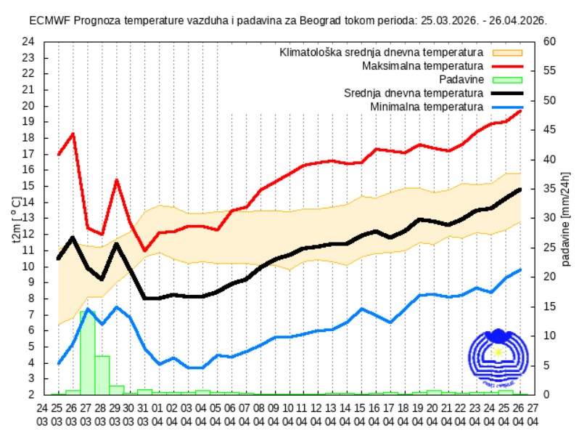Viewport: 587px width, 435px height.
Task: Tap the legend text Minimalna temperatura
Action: coord(427,107)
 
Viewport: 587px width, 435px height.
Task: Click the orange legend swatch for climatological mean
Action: coord(507,53)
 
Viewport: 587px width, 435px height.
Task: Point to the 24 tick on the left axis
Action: coord(28,41)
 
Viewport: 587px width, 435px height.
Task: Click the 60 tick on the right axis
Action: coord(549,41)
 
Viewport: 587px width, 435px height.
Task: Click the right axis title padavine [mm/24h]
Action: coord(565,218)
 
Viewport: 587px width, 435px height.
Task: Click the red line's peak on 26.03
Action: coord(73,134)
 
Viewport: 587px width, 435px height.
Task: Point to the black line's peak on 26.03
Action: coord(73,237)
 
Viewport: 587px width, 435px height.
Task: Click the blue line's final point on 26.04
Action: coord(520,270)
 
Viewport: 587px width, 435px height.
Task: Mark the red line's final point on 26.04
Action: coord(520,110)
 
